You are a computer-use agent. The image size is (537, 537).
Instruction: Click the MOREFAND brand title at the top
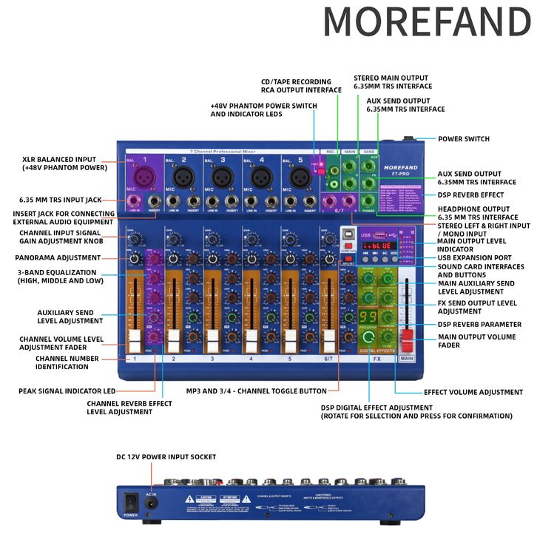[427, 22]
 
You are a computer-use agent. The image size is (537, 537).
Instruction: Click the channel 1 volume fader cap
[135, 341]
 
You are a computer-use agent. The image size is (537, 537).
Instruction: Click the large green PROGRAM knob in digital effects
[368, 338]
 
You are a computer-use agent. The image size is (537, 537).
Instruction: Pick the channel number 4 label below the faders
[251, 359]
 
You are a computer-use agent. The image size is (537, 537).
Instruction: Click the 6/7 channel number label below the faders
[329, 359]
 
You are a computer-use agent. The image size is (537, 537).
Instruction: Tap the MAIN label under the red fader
[407, 359]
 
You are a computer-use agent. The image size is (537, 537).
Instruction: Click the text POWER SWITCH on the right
[464, 138]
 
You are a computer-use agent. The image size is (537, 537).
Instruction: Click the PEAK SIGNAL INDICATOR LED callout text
[67, 391]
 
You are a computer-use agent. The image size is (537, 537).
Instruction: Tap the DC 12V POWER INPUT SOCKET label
[166, 456]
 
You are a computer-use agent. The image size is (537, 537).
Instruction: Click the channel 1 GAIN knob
[135, 239]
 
